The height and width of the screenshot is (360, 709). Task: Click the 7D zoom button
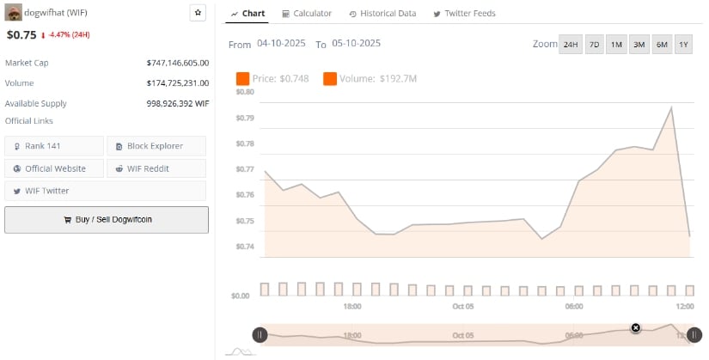[x=594, y=45]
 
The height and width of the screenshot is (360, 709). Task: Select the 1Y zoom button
[x=683, y=45]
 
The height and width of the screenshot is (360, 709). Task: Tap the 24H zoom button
[x=570, y=45]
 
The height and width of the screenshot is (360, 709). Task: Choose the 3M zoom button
[x=639, y=45]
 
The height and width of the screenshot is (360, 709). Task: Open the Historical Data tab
[x=382, y=14]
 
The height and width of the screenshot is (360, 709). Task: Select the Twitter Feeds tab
[x=464, y=14]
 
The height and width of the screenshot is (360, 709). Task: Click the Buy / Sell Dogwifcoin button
[x=107, y=219]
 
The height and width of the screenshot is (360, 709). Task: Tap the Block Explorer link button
[x=156, y=146]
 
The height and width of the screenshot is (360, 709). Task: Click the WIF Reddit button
[x=156, y=168]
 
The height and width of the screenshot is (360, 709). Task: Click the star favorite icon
[x=198, y=13]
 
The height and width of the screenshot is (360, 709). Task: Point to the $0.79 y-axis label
[x=245, y=118]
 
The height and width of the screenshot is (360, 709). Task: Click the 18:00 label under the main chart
[x=351, y=307]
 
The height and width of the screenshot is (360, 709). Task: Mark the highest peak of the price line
[x=670, y=107]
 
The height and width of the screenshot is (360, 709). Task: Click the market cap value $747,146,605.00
[x=178, y=63]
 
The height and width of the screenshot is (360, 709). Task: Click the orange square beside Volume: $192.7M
[x=330, y=79]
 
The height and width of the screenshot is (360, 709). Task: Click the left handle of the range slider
[x=260, y=335]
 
